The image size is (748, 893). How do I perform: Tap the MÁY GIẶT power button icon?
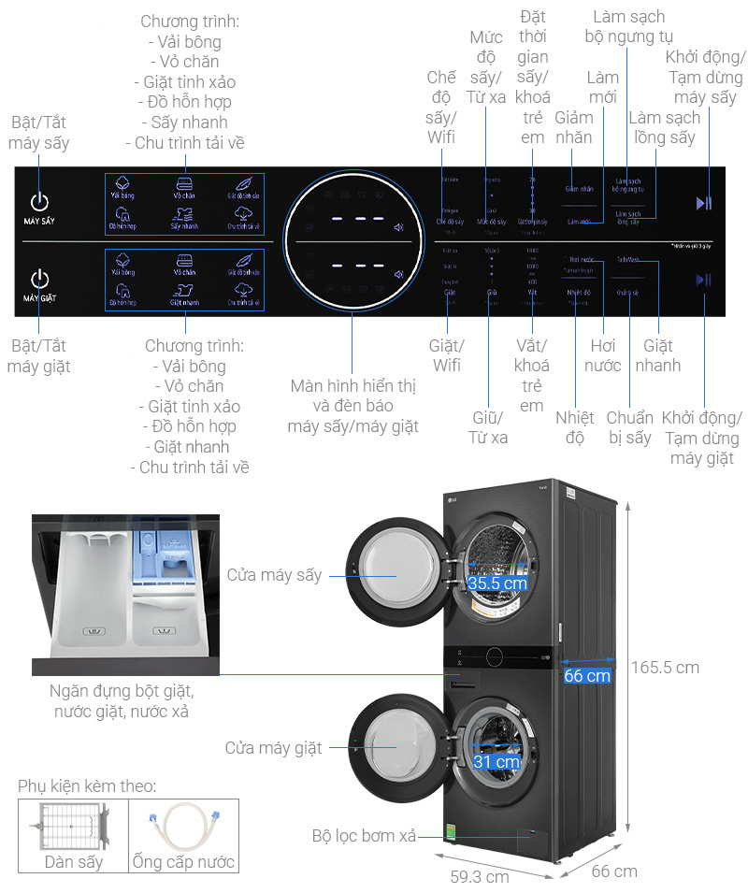tap(39, 278)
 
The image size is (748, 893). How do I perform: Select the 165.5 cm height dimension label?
tap(666, 668)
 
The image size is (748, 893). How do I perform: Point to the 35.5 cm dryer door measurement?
tap(497, 583)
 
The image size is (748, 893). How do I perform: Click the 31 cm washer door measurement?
tap(496, 762)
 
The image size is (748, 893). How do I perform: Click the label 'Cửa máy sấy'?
tap(274, 574)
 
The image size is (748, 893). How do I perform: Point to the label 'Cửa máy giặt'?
tap(273, 748)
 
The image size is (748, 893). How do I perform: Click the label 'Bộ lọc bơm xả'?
tap(364, 836)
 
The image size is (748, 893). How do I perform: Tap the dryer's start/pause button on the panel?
tap(704, 202)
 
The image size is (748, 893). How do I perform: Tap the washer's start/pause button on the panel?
tap(704, 279)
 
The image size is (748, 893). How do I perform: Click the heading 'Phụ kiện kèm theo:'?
tap(87, 786)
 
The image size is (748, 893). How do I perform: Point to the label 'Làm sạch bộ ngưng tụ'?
tap(626, 27)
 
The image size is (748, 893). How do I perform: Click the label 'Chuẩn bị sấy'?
tap(629, 426)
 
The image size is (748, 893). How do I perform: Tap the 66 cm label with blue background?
tap(587, 676)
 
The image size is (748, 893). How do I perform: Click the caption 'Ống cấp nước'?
tap(183, 861)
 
